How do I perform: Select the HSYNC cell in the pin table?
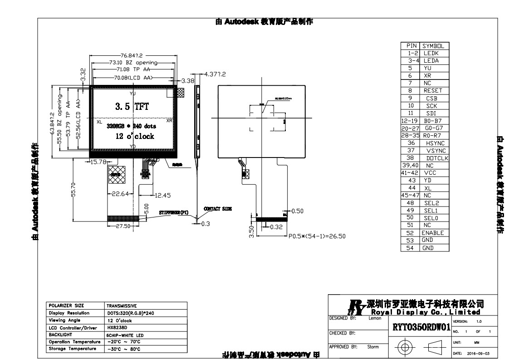click(435, 143)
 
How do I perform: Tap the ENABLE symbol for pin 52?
click(432, 233)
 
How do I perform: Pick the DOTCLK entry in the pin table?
click(437, 158)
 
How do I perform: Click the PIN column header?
click(411, 46)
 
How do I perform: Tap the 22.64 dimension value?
click(120, 194)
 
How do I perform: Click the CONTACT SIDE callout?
click(218, 209)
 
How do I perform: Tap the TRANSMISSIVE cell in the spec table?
click(122, 306)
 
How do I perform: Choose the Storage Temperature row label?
click(72, 349)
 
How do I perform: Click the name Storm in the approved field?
click(373, 347)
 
